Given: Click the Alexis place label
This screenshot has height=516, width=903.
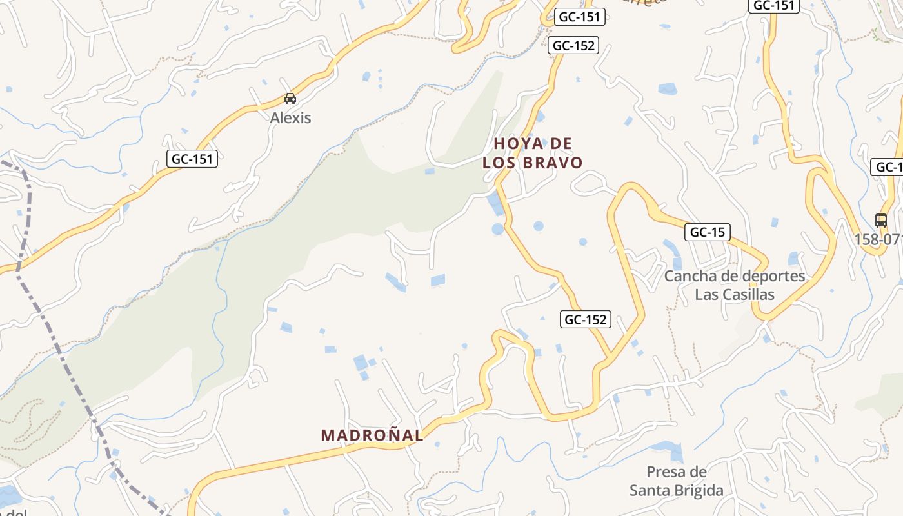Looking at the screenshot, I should (290, 118).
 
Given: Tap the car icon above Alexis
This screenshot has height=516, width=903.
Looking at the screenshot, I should (290, 99).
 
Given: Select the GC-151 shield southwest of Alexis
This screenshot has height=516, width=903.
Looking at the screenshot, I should (192, 159).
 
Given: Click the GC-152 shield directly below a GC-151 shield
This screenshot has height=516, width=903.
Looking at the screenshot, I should (573, 46).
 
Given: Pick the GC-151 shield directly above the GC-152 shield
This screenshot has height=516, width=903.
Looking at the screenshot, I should (579, 17).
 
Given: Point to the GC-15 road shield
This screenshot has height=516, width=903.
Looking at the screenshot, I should (708, 232).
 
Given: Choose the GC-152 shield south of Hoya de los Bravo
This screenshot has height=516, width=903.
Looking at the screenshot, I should (586, 319).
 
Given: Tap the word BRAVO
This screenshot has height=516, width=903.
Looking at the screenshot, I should (553, 163).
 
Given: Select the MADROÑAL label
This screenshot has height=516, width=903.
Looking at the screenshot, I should (372, 435).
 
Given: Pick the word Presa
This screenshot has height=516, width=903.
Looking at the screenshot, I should (667, 471).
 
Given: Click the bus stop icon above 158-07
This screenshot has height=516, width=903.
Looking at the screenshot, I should (880, 220).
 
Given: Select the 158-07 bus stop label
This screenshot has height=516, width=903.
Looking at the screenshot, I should (878, 239).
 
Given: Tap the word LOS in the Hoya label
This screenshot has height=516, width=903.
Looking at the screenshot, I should (499, 163).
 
